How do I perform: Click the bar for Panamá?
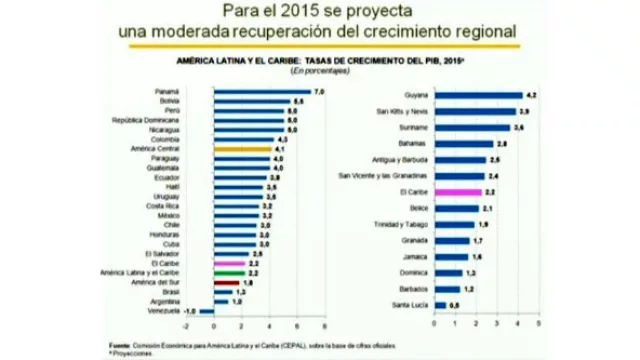tap(262, 92)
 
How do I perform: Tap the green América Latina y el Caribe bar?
tap(228, 272)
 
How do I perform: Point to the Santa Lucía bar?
tap(438, 303)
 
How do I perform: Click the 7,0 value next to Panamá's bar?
tap(320, 92)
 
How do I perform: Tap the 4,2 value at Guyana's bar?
tap(532, 94)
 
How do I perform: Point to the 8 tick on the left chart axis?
tap(325, 325)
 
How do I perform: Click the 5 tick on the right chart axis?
tap(538, 324)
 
